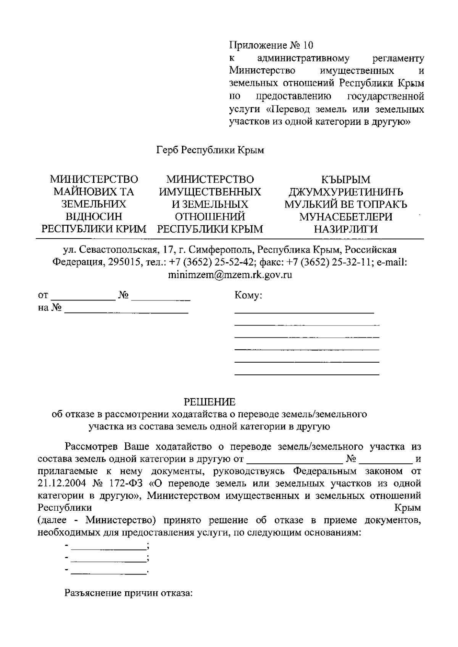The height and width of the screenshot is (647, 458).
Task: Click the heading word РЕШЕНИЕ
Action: (210, 402)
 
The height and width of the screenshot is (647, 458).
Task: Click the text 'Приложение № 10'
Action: (271, 46)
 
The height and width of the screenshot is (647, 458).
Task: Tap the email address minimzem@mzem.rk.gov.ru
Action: (230, 275)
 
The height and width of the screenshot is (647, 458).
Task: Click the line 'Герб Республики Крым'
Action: (210, 150)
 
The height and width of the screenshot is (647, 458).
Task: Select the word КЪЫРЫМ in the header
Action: (345, 179)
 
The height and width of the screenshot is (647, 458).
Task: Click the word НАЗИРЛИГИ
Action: (345, 229)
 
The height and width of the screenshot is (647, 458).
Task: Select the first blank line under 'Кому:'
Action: (304, 312)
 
